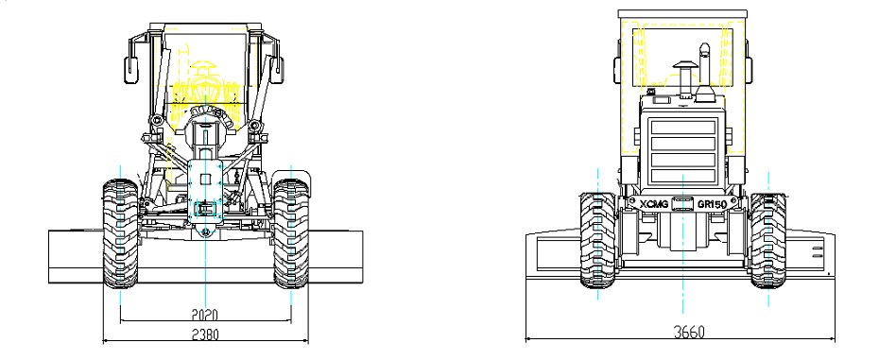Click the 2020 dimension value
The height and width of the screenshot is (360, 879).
point(205,315)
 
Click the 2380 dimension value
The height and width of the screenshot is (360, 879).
point(205,334)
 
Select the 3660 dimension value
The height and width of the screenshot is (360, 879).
point(689,332)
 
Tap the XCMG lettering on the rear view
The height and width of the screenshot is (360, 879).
point(654,205)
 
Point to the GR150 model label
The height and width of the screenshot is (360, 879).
point(712,205)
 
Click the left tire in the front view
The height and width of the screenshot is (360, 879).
point(120,233)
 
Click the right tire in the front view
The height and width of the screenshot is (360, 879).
point(291,233)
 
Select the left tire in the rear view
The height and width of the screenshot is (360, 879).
point(597,240)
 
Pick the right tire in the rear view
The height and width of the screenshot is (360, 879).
point(768,240)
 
